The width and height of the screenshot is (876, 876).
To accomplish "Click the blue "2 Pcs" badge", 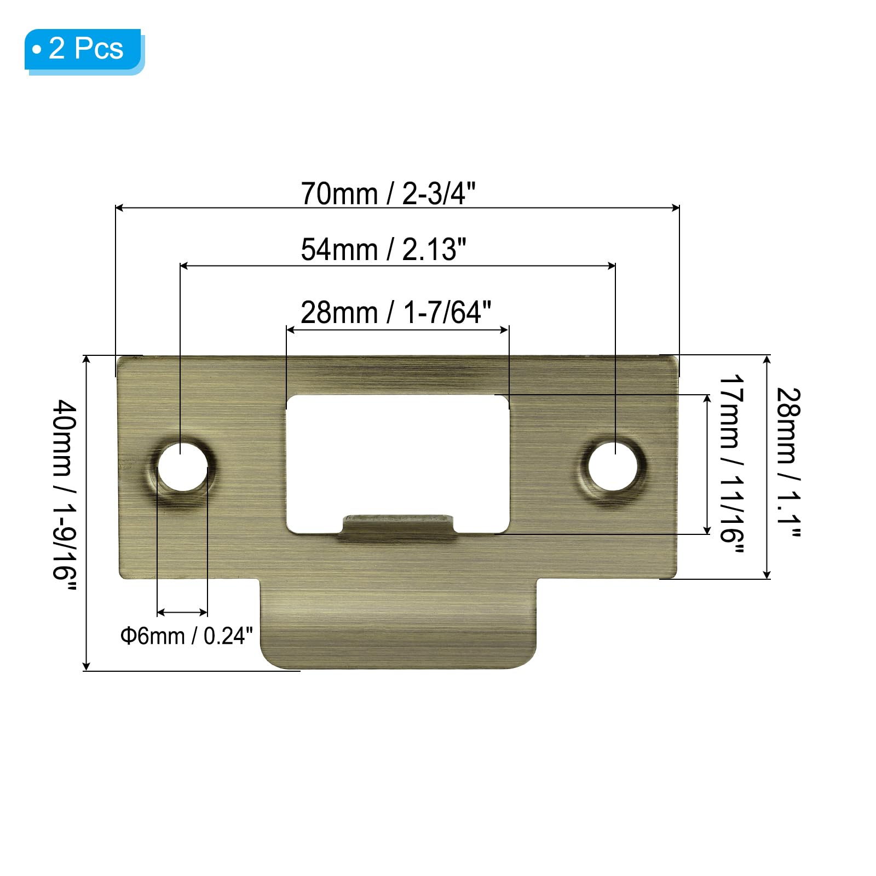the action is click(84, 50).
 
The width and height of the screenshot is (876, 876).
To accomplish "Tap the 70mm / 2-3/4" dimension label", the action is click(388, 194).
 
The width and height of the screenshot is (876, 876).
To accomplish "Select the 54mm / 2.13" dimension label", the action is click(383, 250).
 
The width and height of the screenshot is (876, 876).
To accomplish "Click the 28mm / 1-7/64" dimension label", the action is click(396, 313).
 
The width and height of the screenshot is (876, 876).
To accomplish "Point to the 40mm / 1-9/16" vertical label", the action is click(65, 497).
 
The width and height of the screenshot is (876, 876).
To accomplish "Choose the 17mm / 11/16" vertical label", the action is click(731, 464).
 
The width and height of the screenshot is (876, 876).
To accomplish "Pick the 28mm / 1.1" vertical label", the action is click(789, 463).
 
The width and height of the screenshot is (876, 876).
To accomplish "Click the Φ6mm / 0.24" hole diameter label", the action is click(187, 636).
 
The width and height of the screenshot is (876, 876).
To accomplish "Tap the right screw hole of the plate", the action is click(613, 466).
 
